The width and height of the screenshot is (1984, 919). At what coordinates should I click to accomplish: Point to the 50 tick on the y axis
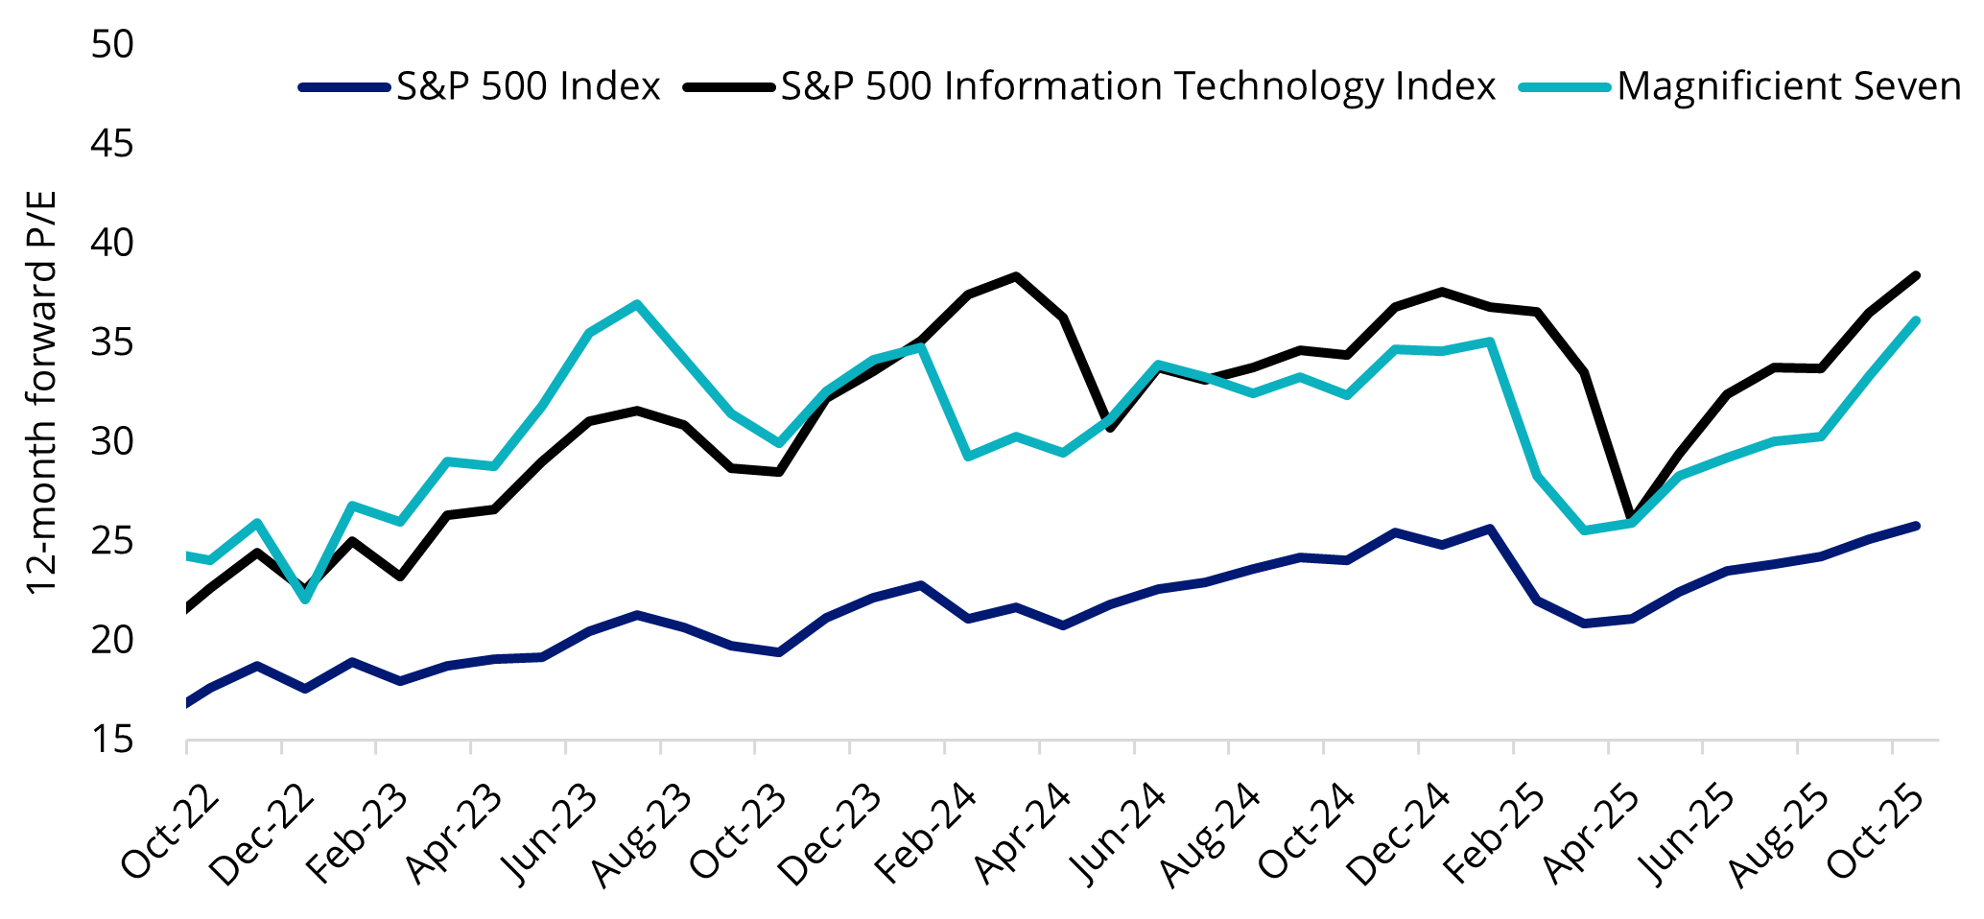[x=112, y=44]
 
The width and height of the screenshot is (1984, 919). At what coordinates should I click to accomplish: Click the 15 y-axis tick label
[x=112, y=740]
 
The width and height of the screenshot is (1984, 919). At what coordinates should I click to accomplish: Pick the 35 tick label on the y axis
[x=112, y=342]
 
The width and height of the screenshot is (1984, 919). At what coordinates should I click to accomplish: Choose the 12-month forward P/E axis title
[x=41, y=393]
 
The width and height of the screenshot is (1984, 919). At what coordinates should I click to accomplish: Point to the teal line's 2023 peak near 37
[x=637, y=304]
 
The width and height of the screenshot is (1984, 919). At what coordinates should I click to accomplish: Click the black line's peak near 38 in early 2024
[x=1016, y=276]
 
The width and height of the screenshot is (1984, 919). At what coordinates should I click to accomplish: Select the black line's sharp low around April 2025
[x=1632, y=518]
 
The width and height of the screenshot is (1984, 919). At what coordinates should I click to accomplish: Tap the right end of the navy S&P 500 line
[x=1915, y=526]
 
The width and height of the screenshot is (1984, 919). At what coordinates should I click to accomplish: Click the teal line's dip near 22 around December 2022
[x=305, y=600]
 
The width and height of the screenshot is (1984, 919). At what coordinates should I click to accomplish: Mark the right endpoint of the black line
[x=1915, y=276]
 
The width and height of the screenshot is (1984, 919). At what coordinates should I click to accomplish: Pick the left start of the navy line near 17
[x=187, y=703]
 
